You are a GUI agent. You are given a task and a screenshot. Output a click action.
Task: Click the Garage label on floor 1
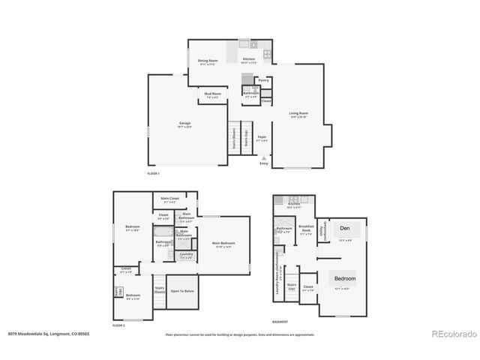184,124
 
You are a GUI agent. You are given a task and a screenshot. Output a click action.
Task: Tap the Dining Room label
208,61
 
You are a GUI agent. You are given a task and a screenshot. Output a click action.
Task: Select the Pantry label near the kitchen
263,79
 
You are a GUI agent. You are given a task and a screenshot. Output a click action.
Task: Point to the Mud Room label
212,94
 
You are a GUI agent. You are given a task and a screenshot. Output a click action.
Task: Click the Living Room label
299,114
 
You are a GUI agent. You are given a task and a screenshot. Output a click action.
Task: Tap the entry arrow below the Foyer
262,157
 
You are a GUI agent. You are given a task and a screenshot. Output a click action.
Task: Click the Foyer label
262,138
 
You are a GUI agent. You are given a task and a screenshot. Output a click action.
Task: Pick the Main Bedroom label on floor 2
222,244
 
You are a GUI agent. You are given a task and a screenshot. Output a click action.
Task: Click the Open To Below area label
182,291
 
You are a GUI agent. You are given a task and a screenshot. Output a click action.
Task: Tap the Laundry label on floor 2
186,255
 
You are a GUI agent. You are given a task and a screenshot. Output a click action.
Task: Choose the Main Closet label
169,199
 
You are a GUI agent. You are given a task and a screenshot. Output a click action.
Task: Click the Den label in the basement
344,228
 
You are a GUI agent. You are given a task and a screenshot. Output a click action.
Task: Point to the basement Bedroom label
345,278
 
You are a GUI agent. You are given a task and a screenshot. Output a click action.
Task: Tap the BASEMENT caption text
281,322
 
